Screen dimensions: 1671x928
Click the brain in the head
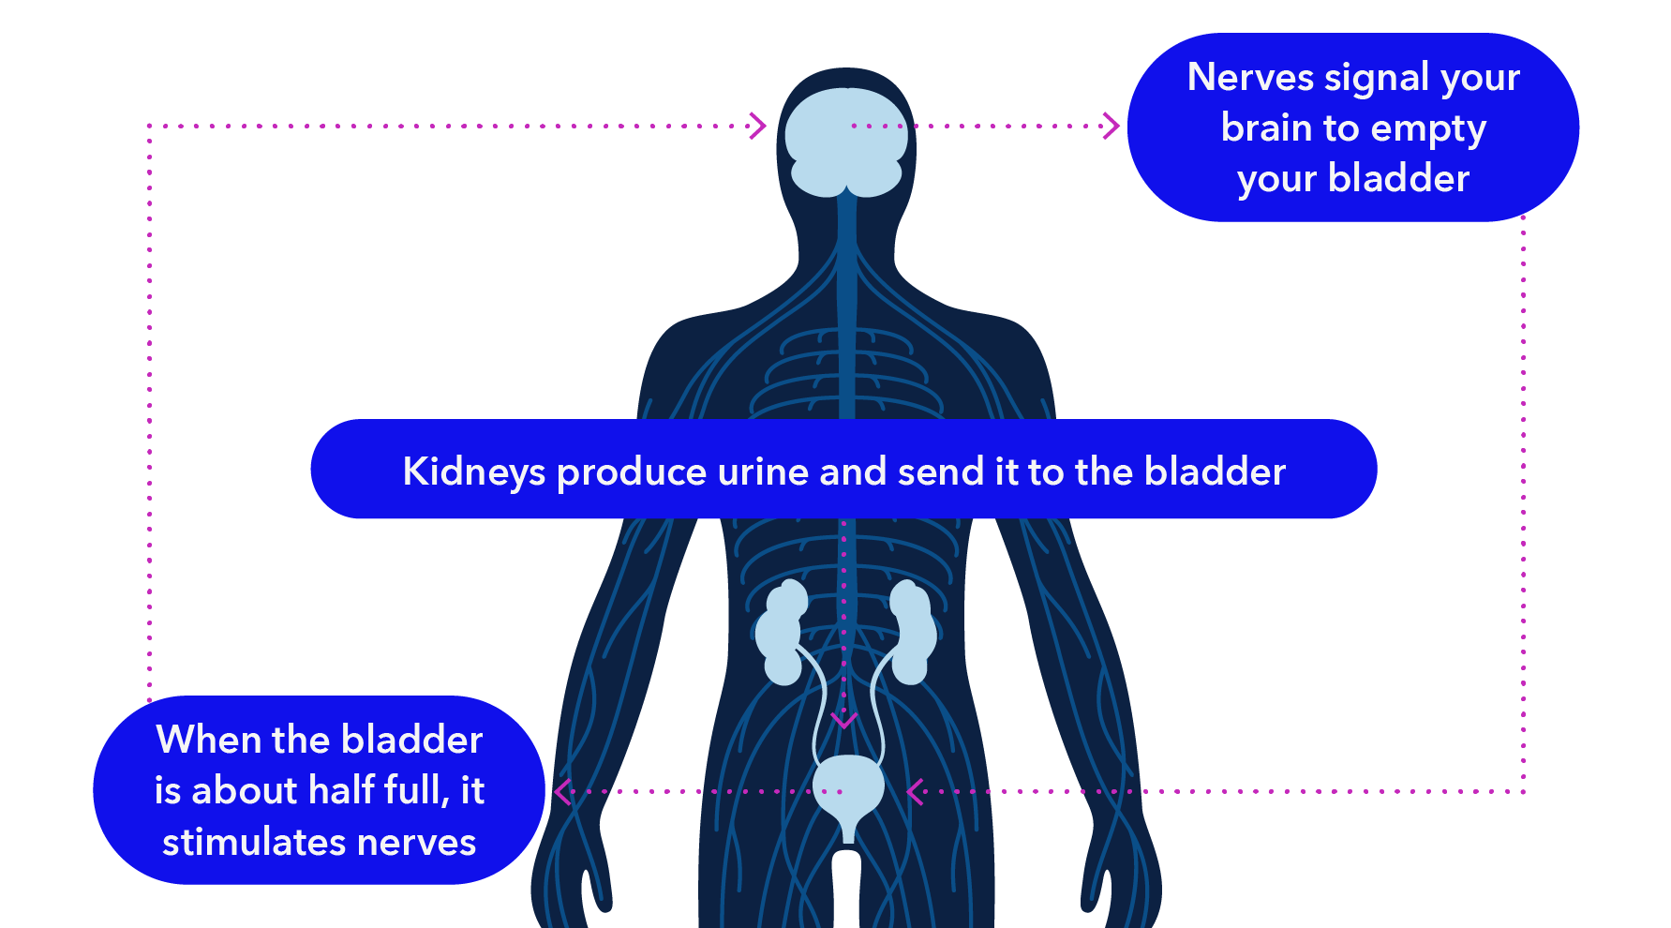click(x=845, y=141)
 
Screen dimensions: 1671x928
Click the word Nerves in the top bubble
click(x=1249, y=77)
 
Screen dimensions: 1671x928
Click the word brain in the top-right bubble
click(x=1265, y=127)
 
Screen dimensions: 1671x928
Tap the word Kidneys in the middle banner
click(x=473, y=471)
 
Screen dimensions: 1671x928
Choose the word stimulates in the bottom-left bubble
click(x=254, y=842)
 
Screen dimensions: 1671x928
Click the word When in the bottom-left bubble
click(x=208, y=740)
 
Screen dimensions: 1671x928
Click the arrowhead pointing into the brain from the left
click(x=758, y=126)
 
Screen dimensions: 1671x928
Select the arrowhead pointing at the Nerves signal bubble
click(x=1112, y=126)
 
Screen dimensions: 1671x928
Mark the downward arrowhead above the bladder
click(x=844, y=721)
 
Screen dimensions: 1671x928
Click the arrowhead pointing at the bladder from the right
click(x=915, y=792)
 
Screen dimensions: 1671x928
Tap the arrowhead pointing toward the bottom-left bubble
click(x=562, y=792)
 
